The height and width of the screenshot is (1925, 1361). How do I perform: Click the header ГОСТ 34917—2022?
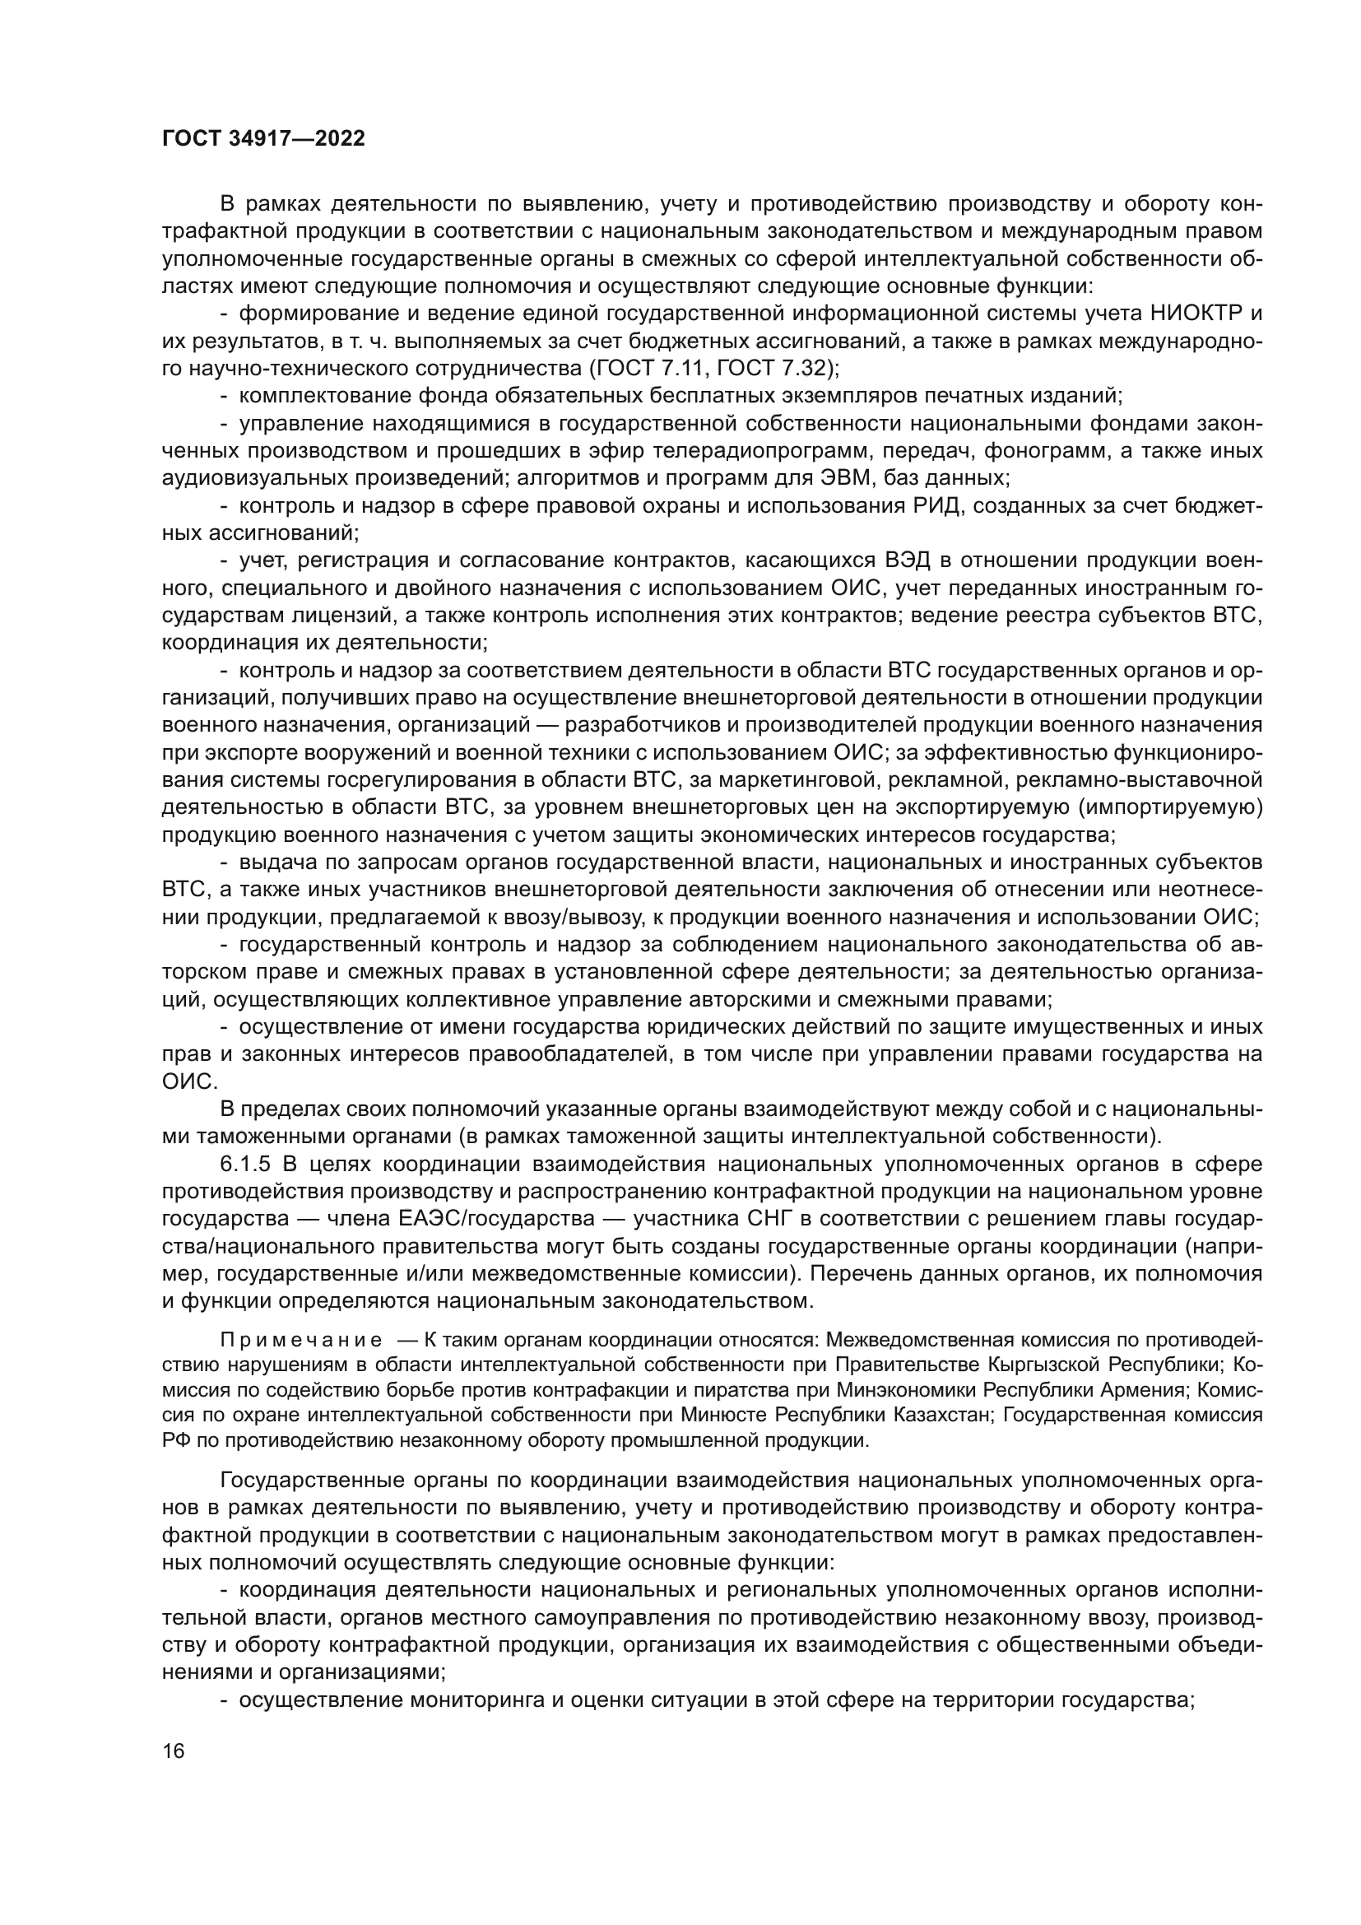(x=263, y=139)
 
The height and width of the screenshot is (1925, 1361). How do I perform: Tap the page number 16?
(x=173, y=1761)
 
